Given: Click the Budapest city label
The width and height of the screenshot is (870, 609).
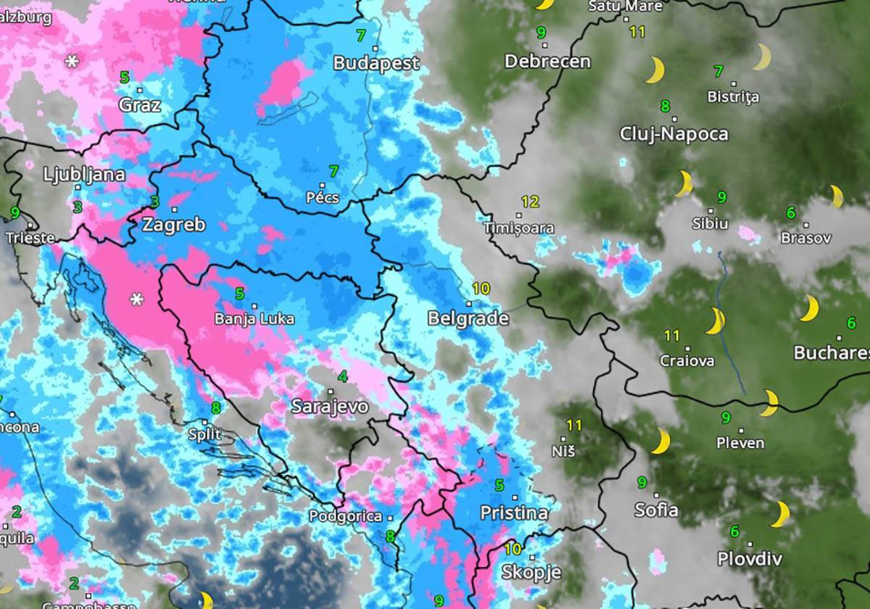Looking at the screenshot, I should coord(376,63).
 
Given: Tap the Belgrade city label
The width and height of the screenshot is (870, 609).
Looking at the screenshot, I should coord(468,318).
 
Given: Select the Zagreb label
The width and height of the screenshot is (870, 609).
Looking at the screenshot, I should coord(173,224).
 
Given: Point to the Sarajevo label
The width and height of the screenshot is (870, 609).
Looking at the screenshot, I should coord(330,407).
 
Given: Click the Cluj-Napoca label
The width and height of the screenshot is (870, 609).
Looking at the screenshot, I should coord(674,134).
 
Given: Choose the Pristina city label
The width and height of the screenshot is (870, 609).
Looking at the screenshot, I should coord(514,513).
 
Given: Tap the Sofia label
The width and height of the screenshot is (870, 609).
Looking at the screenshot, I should coord(656,510).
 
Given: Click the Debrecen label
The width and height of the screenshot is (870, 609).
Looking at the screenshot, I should coord(547,62).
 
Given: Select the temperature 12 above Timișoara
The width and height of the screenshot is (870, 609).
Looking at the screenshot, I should coord(530,202).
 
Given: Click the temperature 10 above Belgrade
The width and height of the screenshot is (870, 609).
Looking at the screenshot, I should coord(481,288).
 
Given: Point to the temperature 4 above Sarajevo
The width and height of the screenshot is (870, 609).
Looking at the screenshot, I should coord(342,376).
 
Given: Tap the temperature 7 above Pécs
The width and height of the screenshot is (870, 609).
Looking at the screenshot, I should coord(333,172).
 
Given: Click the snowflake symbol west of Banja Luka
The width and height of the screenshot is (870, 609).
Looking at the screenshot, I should coord(136,299).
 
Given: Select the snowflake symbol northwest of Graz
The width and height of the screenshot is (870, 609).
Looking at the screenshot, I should coord(72,62).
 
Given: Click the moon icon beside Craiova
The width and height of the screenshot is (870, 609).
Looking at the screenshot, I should coord(716,320).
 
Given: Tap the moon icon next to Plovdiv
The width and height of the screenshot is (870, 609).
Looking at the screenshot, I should coord(780,514).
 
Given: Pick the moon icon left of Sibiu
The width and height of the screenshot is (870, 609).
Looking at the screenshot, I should coord(683,184).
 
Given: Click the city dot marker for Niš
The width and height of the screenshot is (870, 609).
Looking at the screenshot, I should coord(563,438).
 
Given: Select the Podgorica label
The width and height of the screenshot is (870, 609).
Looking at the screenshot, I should coord(345,516).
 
